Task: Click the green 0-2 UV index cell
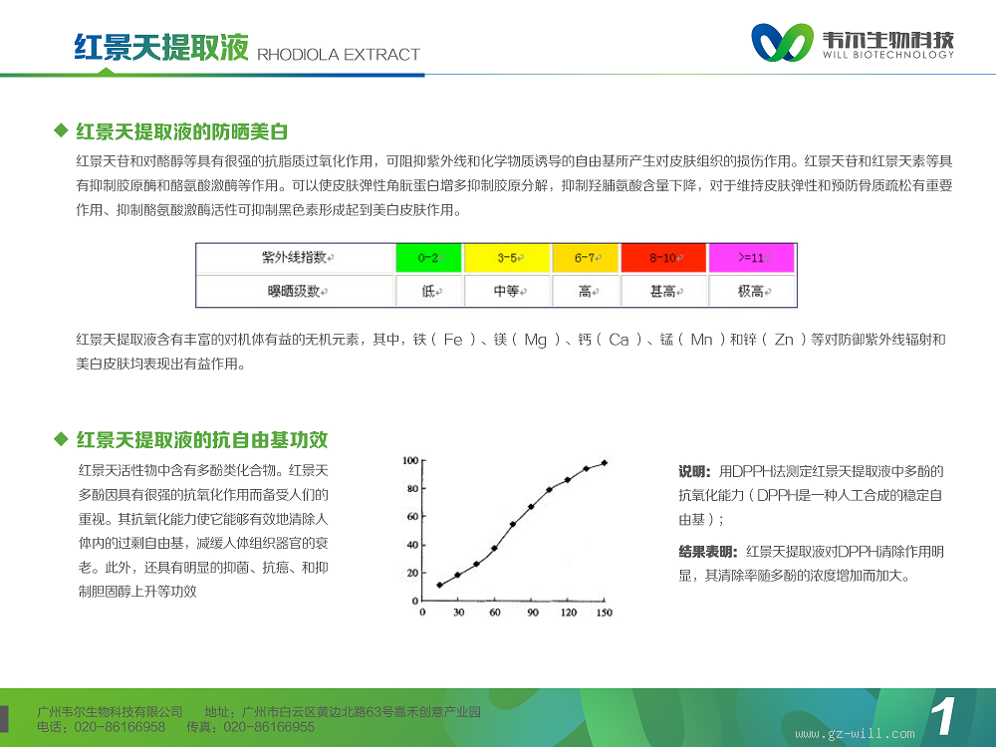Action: (x=428, y=257)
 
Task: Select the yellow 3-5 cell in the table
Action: (x=508, y=257)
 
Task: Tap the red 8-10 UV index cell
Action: (x=663, y=257)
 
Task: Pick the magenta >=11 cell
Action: (x=751, y=257)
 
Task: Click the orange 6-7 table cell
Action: (x=585, y=257)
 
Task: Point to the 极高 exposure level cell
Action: (x=751, y=291)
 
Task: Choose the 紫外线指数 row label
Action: (x=296, y=257)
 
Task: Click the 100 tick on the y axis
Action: (x=410, y=460)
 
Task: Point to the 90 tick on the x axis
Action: (x=532, y=613)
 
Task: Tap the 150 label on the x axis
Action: (x=605, y=613)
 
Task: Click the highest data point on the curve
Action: (x=605, y=463)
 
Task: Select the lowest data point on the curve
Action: (x=439, y=585)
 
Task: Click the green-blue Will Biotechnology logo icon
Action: (x=782, y=43)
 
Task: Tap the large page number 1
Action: (x=943, y=716)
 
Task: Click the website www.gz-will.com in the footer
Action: (x=855, y=734)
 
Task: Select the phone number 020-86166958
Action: (x=120, y=727)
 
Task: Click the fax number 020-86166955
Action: (x=269, y=727)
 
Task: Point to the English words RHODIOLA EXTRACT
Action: (x=339, y=55)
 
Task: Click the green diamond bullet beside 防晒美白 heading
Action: (x=61, y=130)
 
